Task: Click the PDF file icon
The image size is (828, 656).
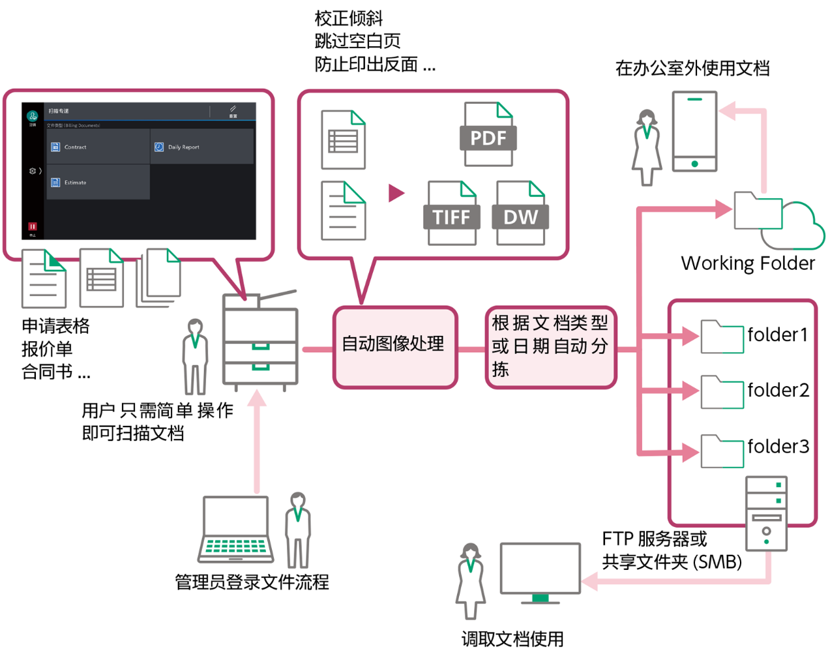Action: tap(488, 135)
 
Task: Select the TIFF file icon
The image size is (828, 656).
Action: tap(452, 214)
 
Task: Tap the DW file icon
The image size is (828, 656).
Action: tap(520, 214)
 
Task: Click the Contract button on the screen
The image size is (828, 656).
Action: tap(98, 147)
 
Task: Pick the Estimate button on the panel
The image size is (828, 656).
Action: tap(98, 182)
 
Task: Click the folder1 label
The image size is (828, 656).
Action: tap(777, 335)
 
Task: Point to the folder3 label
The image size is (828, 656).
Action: tap(778, 447)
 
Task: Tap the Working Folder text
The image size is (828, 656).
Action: tap(748, 263)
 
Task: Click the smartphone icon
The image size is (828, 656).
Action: tap(694, 132)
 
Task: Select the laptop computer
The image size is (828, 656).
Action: tap(235, 529)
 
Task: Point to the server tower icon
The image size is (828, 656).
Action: tap(766, 514)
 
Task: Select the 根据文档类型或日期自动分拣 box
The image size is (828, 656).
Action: tap(551, 347)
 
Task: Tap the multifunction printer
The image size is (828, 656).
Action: tap(260, 342)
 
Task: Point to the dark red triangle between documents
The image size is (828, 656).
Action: tap(396, 193)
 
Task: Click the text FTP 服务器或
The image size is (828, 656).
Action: tap(654, 539)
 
